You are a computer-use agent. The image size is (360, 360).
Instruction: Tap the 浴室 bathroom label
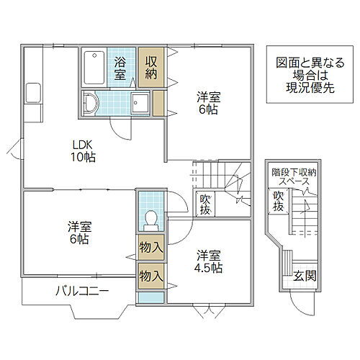[120, 68]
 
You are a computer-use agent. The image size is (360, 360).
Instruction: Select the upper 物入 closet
[150, 248]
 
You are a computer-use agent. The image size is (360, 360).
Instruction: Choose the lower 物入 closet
[150, 275]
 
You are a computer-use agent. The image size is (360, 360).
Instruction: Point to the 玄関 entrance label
[303, 275]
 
